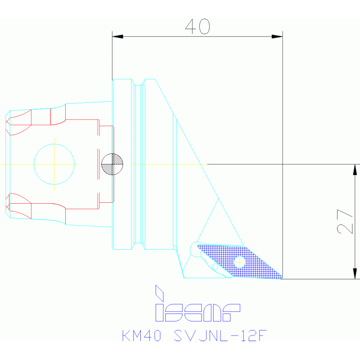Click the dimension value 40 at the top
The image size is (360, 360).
pos(198,26)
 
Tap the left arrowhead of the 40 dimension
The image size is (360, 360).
pos(117,37)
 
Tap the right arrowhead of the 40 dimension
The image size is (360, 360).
pos(277,37)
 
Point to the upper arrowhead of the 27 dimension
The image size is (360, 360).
pos(355,169)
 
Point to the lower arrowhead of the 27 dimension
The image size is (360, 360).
pos(355,274)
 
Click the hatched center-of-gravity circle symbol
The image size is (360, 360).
pos(112,164)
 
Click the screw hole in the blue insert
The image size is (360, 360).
pos(239,261)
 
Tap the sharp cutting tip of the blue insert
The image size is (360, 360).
pos(282,278)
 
